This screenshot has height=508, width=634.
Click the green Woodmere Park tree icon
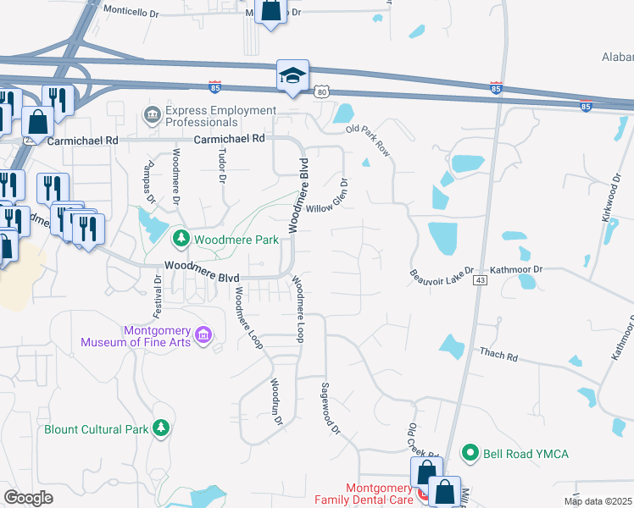181,240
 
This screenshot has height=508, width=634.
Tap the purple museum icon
203,336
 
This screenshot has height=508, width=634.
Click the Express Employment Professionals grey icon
153,116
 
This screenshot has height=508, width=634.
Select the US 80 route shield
320,91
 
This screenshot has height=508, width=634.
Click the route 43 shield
481,279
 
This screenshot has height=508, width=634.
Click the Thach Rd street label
498,353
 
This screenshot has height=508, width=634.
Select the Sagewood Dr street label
330,409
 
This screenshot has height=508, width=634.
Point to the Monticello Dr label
131,13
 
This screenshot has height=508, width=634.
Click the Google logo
28,498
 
